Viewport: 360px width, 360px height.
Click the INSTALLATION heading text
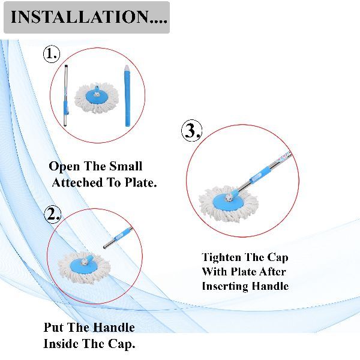pyautogui.click(x=89, y=17)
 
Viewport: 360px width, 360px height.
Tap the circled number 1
pyautogui.click(x=52, y=54)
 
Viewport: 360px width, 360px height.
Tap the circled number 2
pyautogui.click(x=53, y=214)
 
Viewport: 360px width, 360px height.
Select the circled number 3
pyautogui.click(x=192, y=131)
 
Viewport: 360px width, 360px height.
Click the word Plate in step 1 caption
pyautogui.click(x=140, y=183)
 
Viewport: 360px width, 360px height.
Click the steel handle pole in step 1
pyautogui.click(x=66, y=96)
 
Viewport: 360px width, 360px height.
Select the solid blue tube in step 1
pyautogui.click(x=127, y=96)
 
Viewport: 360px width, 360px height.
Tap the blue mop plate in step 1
pyautogui.click(x=97, y=96)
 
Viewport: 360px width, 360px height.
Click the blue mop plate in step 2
pyautogui.click(x=84, y=266)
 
